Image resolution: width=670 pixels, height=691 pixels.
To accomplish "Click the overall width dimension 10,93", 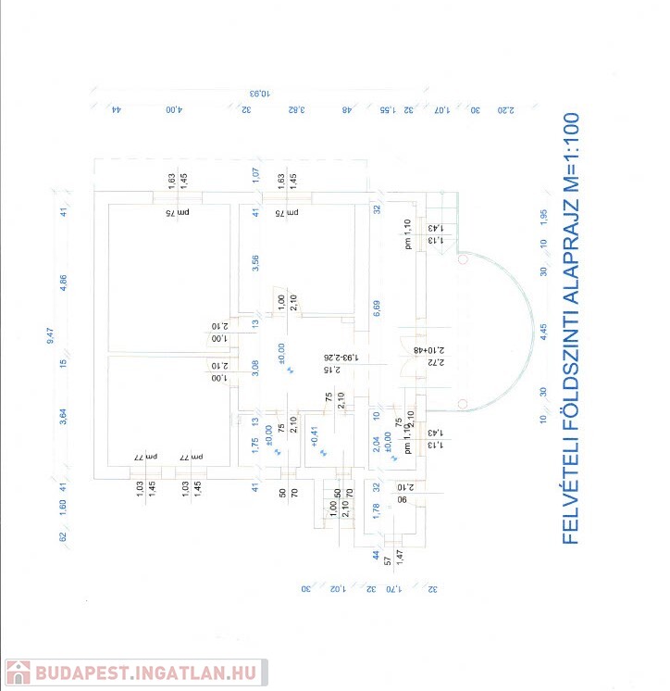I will pyautogui.click(x=261, y=93).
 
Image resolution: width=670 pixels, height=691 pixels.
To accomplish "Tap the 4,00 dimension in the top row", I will pyautogui.click(x=174, y=109).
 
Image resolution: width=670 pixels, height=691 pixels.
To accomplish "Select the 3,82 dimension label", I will pyautogui.click(x=295, y=109).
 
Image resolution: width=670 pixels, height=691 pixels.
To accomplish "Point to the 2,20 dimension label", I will pyautogui.click(x=505, y=109).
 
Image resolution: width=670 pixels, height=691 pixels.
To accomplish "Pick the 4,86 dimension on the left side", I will pyautogui.click(x=64, y=283).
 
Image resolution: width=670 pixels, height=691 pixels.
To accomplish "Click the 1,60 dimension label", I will pyautogui.click(x=64, y=509).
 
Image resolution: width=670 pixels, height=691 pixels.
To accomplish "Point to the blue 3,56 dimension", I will pyautogui.click(x=256, y=262).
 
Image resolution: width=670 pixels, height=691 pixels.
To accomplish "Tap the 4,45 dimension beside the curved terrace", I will pyautogui.click(x=543, y=331).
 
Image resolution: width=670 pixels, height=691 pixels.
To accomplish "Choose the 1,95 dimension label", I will pyautogui.click(x=543, y=216).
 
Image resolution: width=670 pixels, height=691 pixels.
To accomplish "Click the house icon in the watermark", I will pyautogui.click(x=19, y=673).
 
